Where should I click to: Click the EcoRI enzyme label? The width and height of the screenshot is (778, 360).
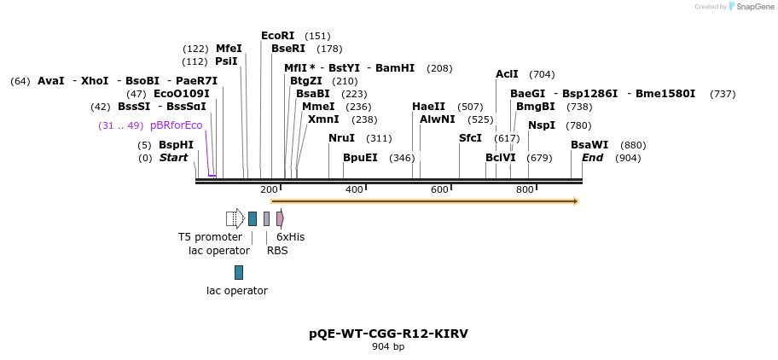tap(277, 36)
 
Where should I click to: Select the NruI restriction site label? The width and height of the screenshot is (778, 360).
tap(341, 138)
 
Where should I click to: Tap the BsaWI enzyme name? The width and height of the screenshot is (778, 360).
tap(589, 145)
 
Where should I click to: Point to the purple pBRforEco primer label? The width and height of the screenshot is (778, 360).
tap(177, 125)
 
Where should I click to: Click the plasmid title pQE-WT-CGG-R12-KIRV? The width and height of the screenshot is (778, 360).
tap(388, 334)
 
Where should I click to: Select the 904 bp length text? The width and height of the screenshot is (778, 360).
tap(388, 346)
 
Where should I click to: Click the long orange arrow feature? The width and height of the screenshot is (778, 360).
tap(425, 201)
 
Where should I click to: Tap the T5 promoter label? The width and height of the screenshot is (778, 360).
tap(210, 237)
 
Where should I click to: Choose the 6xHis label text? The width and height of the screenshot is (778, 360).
tap(290, 237)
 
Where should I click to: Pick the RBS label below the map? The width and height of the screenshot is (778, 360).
tap(277, 251)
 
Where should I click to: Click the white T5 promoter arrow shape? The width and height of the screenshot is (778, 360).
tap(235, 218)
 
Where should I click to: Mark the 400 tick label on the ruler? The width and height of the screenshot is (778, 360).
tap(354, 189)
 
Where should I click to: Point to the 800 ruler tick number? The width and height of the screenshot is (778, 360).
tap(525, 189)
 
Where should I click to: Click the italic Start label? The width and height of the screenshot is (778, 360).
tap(173, 158)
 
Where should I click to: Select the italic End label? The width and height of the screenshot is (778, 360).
tap(592, 158)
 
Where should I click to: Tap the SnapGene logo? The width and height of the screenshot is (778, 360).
tap(748, 6)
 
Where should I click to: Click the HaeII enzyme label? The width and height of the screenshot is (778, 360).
tap(428, 107)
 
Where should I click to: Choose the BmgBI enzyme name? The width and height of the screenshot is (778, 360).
tap(535, 107)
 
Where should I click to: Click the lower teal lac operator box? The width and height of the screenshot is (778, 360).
tap(239, 272)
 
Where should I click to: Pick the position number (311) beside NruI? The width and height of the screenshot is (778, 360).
tap(379, 138)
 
